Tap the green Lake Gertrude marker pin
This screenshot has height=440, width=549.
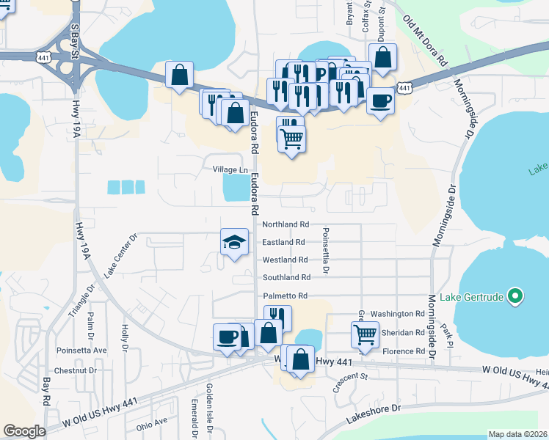pyautogui.click(x=515, y=297)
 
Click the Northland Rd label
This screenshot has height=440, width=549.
pyautogui.click(x=286, y=224)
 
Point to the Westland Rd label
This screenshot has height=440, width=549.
pyautogui.click(x=285, y=260)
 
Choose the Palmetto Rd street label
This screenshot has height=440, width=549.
pyautogui.click(x=285, y=296)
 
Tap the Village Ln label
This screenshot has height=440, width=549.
pyautogui.click(x=230, y=169)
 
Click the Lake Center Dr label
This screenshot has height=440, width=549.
pyautogui.click(x=121, y=255)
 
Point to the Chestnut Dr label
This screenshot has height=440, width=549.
pyautogui.click(x=76, y=370)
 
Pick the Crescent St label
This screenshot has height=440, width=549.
pyautogui.click(x=350, y=381)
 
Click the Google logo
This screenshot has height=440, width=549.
pyautogui.click(x=24, y=431)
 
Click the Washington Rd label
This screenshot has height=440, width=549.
pyautogui.click(x=398, y=313)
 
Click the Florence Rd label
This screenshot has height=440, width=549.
pyautogui.click(x=404, y=351)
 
